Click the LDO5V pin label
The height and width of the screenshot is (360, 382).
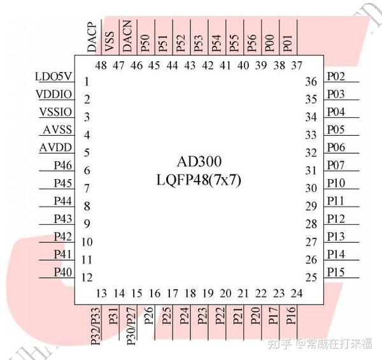54,77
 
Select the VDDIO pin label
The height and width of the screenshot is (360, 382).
54,95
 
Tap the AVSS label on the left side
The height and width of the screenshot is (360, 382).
57,131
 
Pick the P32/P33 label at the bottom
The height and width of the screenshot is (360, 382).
95,326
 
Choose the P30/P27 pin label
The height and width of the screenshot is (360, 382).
131,326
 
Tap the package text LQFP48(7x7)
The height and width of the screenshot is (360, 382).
199,180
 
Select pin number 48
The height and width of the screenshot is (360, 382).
101,66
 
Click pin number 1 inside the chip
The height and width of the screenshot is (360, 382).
86,82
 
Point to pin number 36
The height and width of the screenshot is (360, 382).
311,82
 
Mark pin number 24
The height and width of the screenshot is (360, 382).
296,294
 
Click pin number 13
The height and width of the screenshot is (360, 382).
101,294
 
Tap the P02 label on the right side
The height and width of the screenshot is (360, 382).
336,77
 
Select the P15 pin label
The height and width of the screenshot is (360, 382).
336,272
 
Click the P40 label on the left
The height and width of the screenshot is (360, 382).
63,272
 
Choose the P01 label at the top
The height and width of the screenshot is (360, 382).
288,43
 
